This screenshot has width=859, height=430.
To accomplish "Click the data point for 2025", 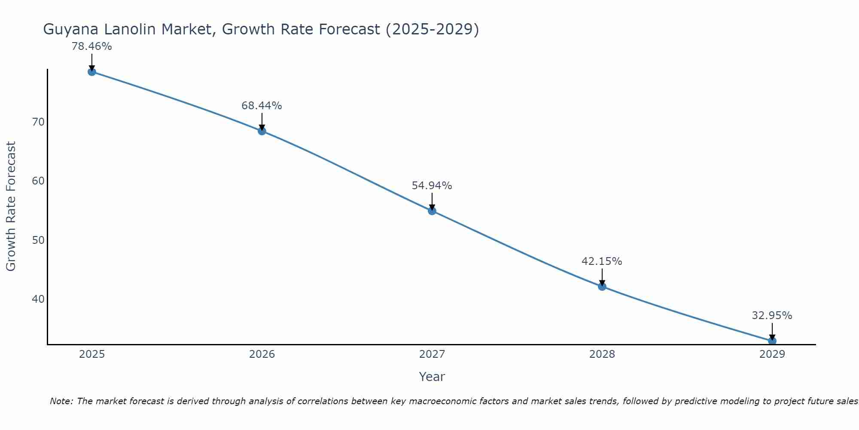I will [91, 72].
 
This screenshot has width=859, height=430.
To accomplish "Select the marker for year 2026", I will [262, 131].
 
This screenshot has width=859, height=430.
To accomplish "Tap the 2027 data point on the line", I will [432, 211].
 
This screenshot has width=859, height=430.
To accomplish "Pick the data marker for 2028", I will [602, 286].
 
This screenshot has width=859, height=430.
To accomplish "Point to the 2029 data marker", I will [772, 341].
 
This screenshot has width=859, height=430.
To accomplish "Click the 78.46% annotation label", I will [91, 46].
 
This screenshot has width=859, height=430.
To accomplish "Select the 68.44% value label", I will [262, 106].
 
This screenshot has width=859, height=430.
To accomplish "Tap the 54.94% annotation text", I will [432, 186].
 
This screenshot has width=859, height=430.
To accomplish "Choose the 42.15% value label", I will [602, 261].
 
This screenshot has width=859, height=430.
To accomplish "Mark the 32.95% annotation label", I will [772, 316].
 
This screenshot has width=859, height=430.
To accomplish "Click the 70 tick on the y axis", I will [38, 122].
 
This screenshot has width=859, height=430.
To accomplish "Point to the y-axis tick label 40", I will [38, 299].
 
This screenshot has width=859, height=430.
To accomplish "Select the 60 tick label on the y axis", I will [38, 181].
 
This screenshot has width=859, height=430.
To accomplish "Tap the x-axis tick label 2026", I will [262, 354].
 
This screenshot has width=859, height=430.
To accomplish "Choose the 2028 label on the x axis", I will [602, 354].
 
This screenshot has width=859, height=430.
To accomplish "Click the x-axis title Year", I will [432, 377].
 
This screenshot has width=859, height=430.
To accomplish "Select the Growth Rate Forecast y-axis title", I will [11, 206].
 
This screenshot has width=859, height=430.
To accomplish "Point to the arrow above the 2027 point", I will [432, 201].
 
